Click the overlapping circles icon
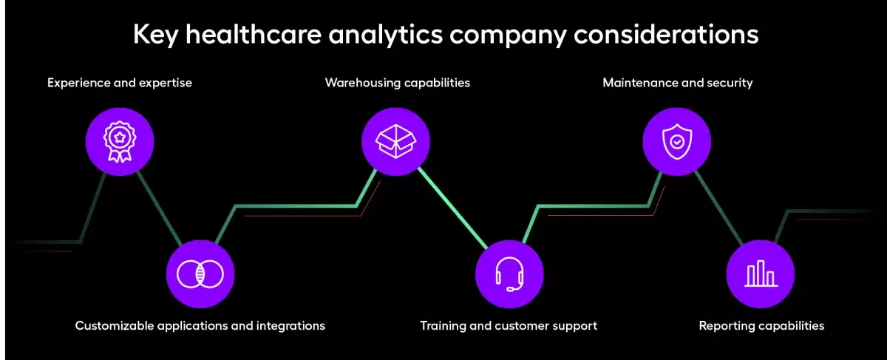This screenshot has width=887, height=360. (200, 274)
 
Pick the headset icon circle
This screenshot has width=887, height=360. (509, 274)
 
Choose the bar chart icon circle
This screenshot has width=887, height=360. (760, 274)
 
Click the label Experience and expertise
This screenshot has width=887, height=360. (120, 83)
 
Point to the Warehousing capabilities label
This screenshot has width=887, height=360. (397, 83)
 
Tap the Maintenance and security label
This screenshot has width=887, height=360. (677, 83)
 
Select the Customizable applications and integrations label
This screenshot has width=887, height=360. (200, 325)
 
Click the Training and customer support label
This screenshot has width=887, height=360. (509, 325)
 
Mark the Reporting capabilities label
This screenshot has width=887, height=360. (761, 325)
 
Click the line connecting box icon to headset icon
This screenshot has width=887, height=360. (452, 208)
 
